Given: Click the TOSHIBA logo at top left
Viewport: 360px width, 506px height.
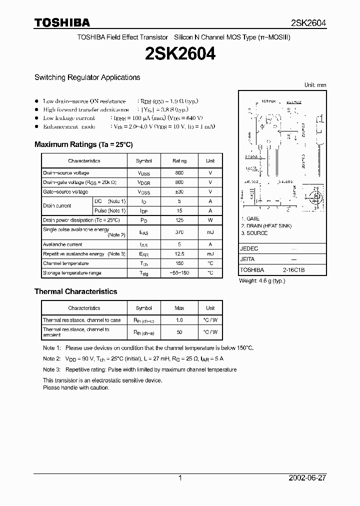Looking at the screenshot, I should click(x=62, y=22).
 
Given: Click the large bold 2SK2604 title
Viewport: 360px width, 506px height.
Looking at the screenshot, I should click(x=180, y=54).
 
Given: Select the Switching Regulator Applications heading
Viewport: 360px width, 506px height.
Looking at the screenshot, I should click(x=87, y=77).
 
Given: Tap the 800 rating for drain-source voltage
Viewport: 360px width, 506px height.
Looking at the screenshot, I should click(x=179, y=173).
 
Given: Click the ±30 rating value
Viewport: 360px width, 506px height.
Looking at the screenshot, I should click(x=179, y=192).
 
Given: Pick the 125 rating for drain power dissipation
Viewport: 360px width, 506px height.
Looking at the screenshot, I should click(x=179, y=220).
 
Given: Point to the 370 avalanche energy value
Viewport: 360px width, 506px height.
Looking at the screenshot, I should click(x=179, y=232).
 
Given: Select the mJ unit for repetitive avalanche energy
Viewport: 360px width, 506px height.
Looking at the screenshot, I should click(x=210, y=254).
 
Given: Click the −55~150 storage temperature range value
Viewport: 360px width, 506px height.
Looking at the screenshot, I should click(x=179, y=273).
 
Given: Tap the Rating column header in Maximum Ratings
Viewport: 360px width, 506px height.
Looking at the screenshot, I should click(x=179, y=161).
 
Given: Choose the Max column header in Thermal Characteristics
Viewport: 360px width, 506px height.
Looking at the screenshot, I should click(x=179, y=308).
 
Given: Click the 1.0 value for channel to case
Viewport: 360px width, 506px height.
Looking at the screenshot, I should click(x=179, y=320).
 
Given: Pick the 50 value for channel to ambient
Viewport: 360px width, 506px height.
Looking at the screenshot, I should click(x=179, y=332).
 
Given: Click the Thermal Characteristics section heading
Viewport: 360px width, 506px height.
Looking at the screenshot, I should click(x=75, y=291).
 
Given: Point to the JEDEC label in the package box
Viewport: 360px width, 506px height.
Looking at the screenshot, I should click(x=249, y=248).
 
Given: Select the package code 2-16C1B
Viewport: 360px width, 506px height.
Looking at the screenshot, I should click(x=293, y=270).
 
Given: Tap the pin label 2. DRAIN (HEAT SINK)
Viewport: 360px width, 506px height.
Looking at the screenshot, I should click(x=266, y=226).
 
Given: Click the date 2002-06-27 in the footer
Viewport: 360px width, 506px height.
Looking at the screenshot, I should click(x=307, y=478).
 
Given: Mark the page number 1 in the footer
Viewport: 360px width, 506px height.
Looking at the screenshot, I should click(x=180, y=478).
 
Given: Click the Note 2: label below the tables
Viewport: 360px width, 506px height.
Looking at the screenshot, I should click(x=51, y=358).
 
